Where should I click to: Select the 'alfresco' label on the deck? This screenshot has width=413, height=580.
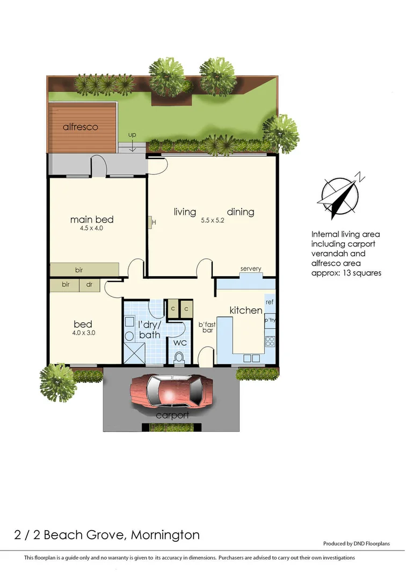80,127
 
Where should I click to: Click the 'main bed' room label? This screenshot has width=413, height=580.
92,220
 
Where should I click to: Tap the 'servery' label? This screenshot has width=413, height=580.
251,269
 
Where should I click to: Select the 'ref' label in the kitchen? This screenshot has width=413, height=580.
269,302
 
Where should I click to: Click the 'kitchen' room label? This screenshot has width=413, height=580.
245,310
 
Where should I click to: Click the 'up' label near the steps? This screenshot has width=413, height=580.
132,135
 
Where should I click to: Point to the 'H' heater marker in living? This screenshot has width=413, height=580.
154,222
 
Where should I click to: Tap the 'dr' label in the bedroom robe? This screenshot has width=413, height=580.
89,285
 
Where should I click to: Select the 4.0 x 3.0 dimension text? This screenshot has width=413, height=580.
83,333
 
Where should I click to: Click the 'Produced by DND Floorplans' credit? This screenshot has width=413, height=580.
356,543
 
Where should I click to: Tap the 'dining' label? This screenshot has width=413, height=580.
240,212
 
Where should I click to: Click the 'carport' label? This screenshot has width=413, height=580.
172,416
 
